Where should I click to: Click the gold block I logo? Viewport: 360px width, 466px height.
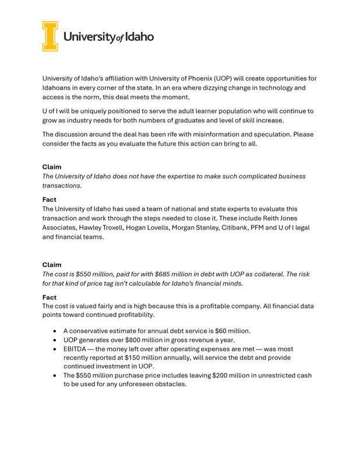[50, 36]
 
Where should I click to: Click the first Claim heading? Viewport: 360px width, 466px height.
[52, 167]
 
